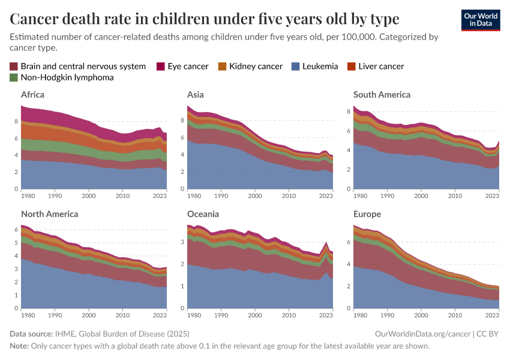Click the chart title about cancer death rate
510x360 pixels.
coord(205,19)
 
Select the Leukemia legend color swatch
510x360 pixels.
coord(295,66)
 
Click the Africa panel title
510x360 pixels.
coord(32,94)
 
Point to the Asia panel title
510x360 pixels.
coord(195,94)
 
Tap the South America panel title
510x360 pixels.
coord(382,94)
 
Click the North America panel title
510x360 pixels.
coord(49,214)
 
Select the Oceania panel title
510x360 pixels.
coord(203,214)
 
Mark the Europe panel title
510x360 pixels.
coord(367,214)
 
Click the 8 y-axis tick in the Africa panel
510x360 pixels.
coord(16,121)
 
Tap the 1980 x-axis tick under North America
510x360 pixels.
coord(28,315)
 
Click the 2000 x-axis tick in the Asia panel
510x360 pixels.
coord(255,196)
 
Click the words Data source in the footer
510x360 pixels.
coord(31,334)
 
